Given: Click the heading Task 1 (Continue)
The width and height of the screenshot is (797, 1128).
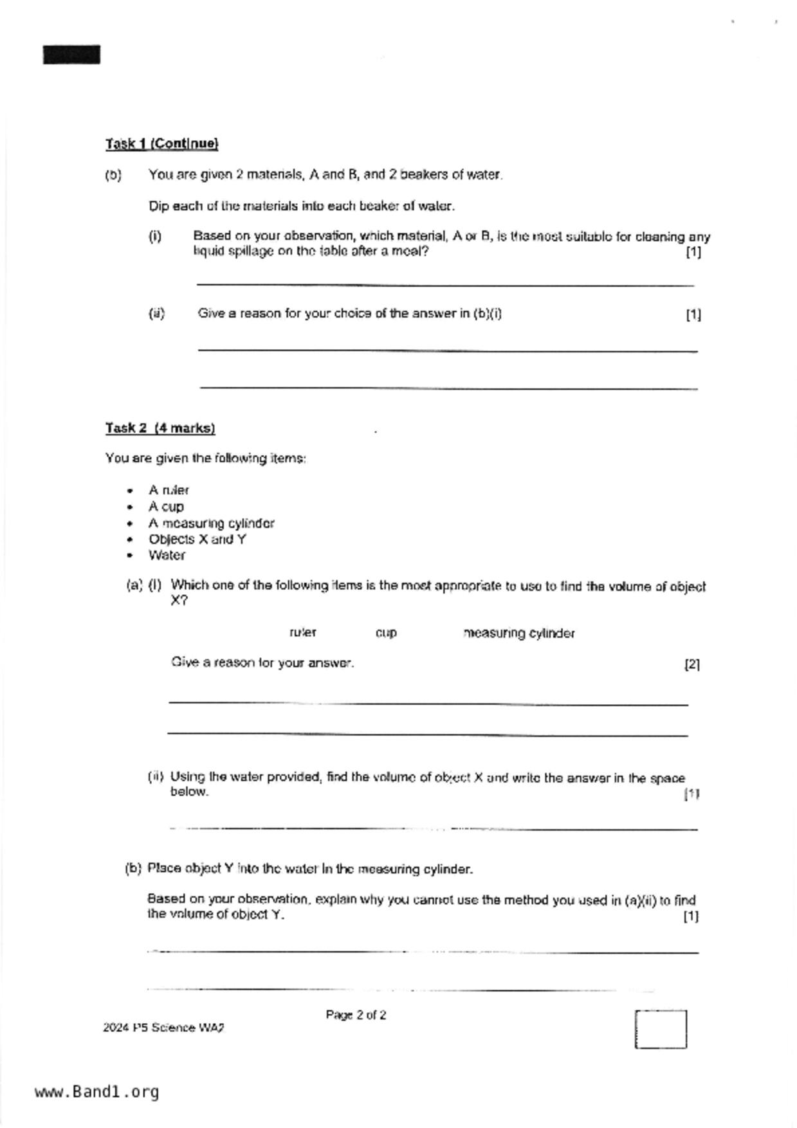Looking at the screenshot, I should click(162, 143).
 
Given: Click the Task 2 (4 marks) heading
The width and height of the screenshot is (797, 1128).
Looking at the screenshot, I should click(160, 428).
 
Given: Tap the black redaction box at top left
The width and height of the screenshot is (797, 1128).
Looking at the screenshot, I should click(71, 55).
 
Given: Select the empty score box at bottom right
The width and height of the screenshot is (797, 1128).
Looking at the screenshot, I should click(661, 1030).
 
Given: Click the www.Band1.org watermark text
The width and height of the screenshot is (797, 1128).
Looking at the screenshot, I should click(96, 1092).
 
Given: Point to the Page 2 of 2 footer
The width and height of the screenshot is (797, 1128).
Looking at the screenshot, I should click(356, 1015).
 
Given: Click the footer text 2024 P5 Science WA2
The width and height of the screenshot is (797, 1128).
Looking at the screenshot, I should click(163, 1028).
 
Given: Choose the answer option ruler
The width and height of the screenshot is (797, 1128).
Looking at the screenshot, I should click(303, 633).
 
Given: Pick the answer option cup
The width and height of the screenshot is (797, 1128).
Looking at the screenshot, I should click(386, 633).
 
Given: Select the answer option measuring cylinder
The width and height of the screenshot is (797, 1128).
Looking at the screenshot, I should click(519, 633).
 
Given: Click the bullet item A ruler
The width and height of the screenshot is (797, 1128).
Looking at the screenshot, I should click(169, 490).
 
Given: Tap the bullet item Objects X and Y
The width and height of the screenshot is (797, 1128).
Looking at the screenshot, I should click(197, 540).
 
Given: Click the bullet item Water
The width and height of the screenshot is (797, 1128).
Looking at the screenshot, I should click(167, 556).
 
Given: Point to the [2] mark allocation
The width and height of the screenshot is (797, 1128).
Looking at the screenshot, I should click(692, 664).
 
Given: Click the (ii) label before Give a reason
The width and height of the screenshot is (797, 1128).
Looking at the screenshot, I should click(156, 314).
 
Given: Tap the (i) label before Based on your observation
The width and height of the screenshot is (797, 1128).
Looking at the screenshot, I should click(155, 237).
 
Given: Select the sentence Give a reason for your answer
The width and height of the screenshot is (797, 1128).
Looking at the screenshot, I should click(262, 663).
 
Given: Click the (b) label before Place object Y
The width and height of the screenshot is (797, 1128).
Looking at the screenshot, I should click(133, 869).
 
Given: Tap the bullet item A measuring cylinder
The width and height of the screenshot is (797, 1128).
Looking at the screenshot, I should click(211, 523).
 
